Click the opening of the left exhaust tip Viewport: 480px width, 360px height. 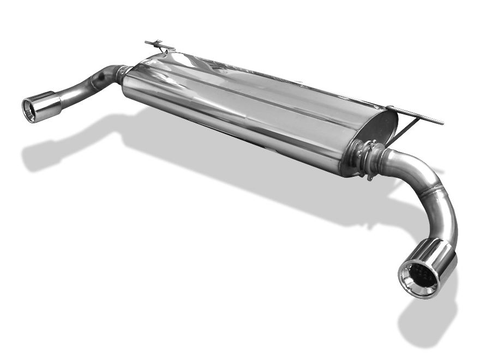(x=30, y=109)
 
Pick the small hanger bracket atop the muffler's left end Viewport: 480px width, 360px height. (x=159, y=45)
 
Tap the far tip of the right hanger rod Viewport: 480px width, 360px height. (x=441, y=123)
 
